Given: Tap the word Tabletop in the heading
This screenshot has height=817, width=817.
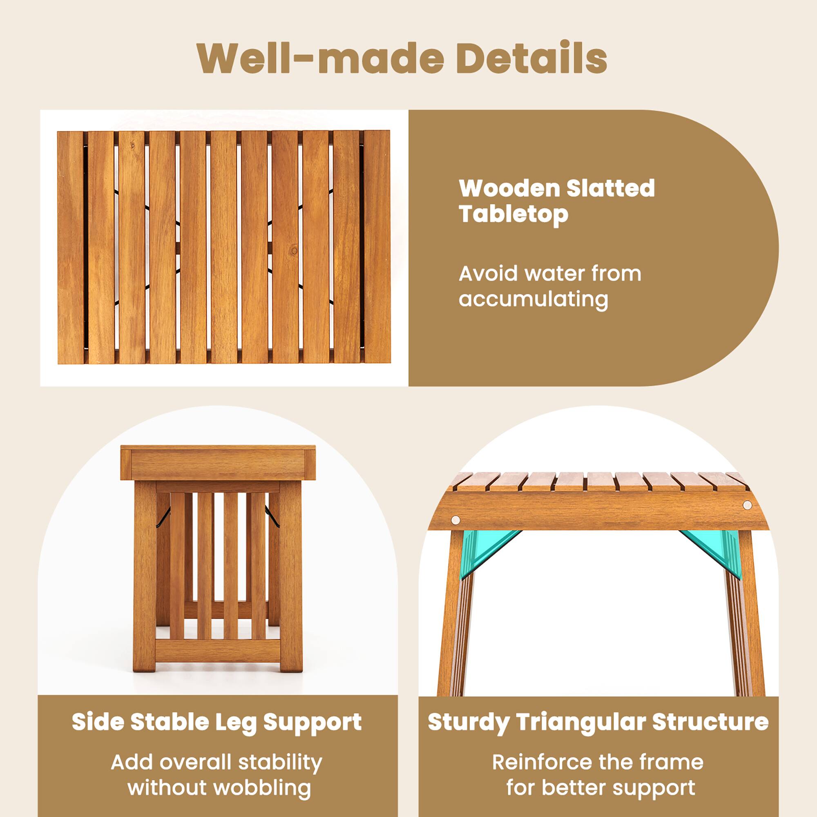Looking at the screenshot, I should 513,214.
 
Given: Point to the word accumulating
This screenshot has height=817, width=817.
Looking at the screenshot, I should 533,299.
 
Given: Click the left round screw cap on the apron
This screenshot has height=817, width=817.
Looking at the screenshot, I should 455,520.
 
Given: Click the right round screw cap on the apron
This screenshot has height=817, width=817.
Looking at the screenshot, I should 747,505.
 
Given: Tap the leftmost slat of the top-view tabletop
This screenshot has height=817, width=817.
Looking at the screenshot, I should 70,248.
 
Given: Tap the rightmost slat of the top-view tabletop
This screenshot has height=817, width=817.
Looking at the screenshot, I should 377,248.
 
